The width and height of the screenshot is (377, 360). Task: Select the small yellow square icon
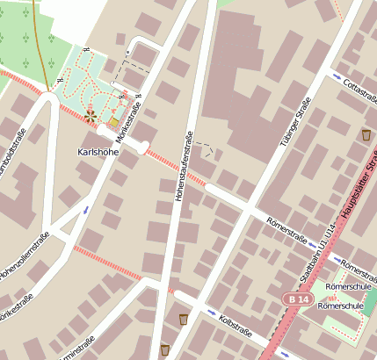(x=113, y=121)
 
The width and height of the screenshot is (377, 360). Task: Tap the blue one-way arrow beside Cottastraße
(x=337, y=77)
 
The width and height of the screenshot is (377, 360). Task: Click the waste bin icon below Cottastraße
(x=366, y=134)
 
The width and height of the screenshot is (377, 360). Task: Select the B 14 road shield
(x=297, y=299)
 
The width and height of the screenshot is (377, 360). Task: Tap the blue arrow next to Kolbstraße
(x=212, y=311)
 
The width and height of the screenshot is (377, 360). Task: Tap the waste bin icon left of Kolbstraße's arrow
(x=183, y=319)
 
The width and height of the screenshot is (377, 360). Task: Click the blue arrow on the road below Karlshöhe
(x=85, y=210)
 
